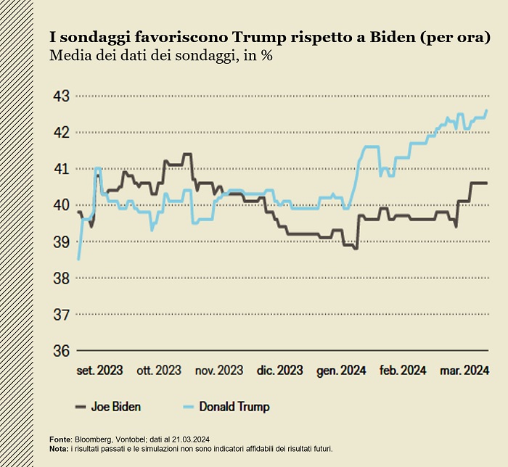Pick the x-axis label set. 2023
click(x=100, y=371)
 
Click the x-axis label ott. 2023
click(x=159, y=371)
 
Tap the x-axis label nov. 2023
click(x=219, y=371)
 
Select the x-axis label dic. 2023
click(x=279, y=371)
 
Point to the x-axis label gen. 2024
click(x=341, y=371)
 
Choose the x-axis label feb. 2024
click(x=403, y=371)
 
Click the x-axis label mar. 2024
click(x=464, y=371)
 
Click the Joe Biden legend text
click(x=116, y=407)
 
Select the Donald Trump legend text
click(x=234, y=407)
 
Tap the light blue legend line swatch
click(x=186, y=407)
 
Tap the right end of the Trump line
click(x=486, y=110)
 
